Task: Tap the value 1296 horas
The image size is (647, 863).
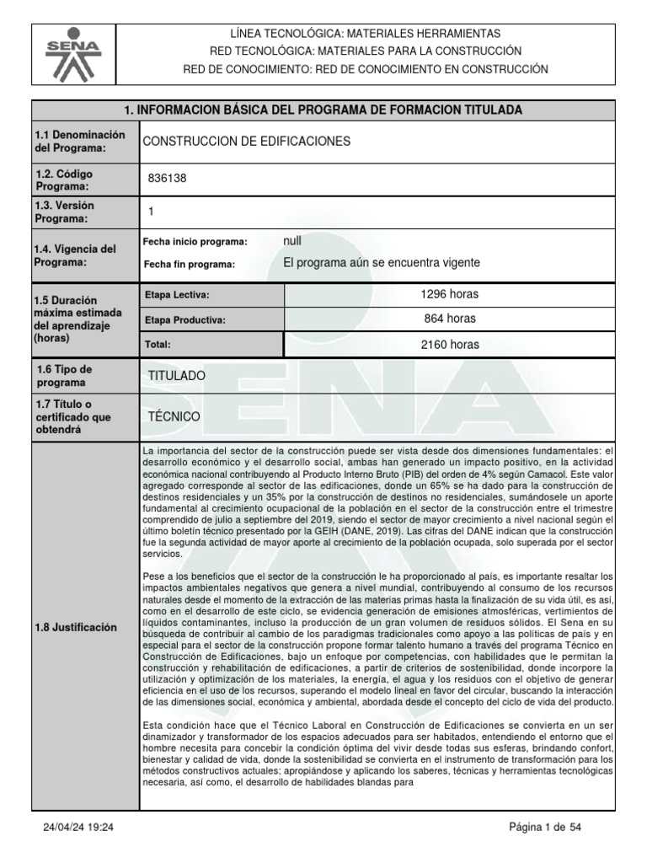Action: (x=450, y=294)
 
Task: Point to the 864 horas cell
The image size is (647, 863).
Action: (x=450, y=319)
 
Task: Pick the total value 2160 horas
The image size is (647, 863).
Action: (x=450, y=344)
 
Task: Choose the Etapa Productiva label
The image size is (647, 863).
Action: (x=185, y=320)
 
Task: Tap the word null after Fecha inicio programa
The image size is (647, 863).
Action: (x=292, y=241)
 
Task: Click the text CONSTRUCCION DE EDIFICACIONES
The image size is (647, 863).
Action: (x=246, y=142)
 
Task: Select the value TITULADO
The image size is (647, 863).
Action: (x=176, y=375)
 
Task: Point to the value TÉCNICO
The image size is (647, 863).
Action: (x=174, y=416)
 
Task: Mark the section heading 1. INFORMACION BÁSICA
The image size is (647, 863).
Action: (x=323, y=110)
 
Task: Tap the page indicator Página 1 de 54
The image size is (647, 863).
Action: (x=545, y=828)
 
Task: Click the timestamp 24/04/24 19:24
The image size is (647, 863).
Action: (x=78, y=828)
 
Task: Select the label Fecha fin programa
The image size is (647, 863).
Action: (x=190, y=264)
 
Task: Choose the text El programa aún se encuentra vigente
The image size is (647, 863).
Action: (x=382, y=263)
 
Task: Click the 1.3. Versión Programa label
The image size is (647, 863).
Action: (x=64, y=212)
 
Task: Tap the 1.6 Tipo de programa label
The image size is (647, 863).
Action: (x=65, y=375)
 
